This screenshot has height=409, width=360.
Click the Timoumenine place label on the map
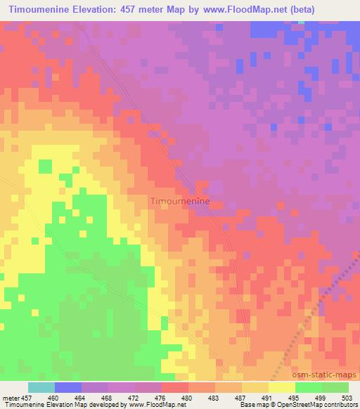point(180,201)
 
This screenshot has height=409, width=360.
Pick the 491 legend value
point(269,398)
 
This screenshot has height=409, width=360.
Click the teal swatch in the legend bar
point(41,387)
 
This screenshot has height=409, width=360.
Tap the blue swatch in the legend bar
point(68,387)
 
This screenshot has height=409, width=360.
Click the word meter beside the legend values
point(11,398)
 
